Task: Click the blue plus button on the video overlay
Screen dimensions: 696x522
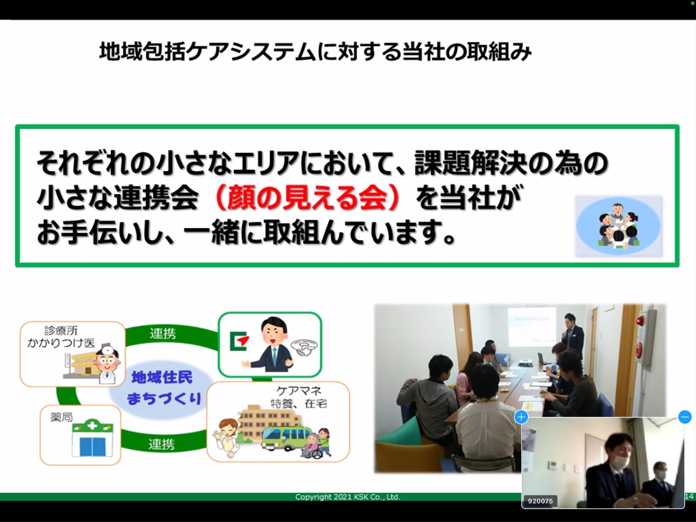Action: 521,417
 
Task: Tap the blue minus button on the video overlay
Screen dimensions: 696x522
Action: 685,417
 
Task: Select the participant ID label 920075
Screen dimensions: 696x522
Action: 540,501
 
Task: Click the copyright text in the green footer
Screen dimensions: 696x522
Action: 348,497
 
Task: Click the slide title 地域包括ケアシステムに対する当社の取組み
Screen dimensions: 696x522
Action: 315,52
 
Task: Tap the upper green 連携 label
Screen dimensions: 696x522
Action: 163,333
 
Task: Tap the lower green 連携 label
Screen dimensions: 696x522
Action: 161,444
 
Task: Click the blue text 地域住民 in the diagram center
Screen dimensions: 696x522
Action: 162,377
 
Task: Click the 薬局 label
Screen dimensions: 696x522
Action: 62,418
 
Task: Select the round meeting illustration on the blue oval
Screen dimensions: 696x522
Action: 618,225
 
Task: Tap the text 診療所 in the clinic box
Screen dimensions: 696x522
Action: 61,331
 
